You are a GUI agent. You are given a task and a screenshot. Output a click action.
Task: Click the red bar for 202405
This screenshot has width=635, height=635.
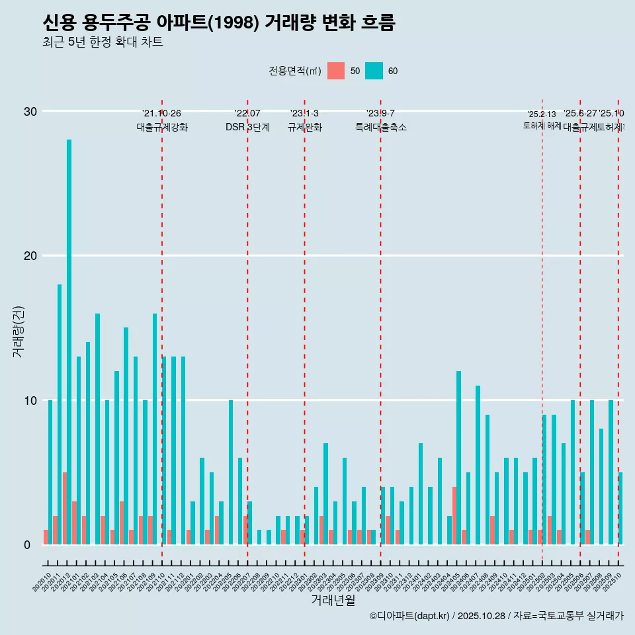(x=454, y=516)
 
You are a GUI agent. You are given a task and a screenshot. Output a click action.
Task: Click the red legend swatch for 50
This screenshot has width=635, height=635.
(x=336, y=71)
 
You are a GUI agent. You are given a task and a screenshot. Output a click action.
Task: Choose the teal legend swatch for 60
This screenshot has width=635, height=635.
(x=374, y=71)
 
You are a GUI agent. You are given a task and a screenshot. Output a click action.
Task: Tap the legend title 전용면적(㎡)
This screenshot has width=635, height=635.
(x=294, y=71)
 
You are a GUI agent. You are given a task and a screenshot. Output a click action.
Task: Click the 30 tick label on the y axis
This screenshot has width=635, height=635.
(x=30, y=111)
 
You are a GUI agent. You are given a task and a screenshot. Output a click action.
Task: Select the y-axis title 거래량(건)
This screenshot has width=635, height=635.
(x=19, y=331)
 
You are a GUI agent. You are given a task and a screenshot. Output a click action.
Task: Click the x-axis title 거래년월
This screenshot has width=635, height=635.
(x=333, y=601)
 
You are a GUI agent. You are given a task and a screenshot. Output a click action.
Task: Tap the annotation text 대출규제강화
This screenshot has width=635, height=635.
(x=162, y=127)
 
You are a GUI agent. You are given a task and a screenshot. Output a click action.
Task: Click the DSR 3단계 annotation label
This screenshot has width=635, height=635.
(x=247, y=127)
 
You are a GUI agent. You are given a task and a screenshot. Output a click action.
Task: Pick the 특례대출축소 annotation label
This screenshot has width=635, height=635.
(x=380, y=127)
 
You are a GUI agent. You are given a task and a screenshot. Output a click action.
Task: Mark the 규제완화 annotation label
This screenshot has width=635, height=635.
(x=304, y=127)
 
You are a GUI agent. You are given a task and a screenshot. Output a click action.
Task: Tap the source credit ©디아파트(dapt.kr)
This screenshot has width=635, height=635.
(x=410, y=616)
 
